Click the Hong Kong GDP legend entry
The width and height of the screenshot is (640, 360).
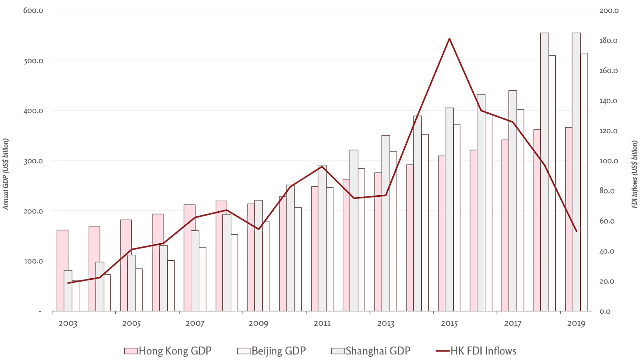click(x=168, y=351)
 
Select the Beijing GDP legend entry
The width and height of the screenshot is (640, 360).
click(x=272, y=351)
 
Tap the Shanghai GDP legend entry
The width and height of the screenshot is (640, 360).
click(x=372, y=351)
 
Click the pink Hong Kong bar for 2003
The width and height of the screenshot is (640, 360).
click(x=62, y=270)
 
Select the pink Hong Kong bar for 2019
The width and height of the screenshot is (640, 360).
click(x=568, y=219)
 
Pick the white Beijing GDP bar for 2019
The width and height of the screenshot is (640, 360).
click(x=584, y=182)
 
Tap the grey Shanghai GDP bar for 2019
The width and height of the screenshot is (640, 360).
click(x=576, y=172)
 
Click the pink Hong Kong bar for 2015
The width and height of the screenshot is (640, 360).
click(x=441, y=233)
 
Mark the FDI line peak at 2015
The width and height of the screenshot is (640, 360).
click(x=449, y=38)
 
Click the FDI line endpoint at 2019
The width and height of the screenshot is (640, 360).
click(x=576, y=231)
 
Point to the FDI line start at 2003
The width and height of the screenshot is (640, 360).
click(x=68, y=283)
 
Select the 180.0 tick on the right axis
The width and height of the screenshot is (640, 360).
click(x=608, y=41)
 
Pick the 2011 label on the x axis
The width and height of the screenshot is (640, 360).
click(x=322, y=323)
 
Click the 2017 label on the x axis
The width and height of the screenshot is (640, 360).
click(x=512, y=323)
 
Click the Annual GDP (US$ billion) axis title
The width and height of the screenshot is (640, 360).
click(x=6, y=174)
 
